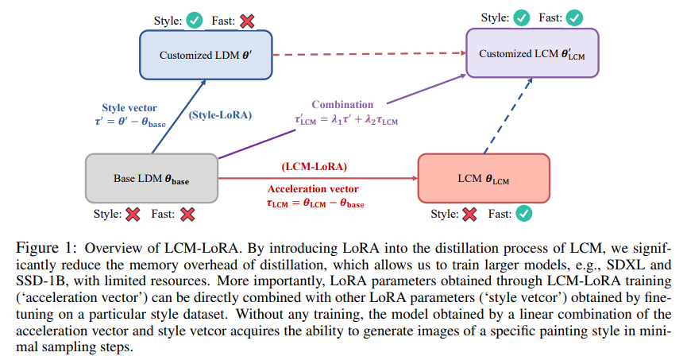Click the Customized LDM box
pyautogui.click(x=206, y=56)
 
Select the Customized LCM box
pyautogui.click(x=531, y=54)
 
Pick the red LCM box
pyautogui.click(x=483, y=180)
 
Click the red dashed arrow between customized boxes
pyautogui.click(x=369, y=56)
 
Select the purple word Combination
pyautogui.click(x=342, y=104)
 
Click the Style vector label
pyautogui.click(x=130, y=108)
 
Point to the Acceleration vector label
pyautogui.click(x=312, y=191)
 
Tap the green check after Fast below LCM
pyautogui.click(x=523, y=213)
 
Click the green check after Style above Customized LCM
pyautogui.click(x=522, y=16)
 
